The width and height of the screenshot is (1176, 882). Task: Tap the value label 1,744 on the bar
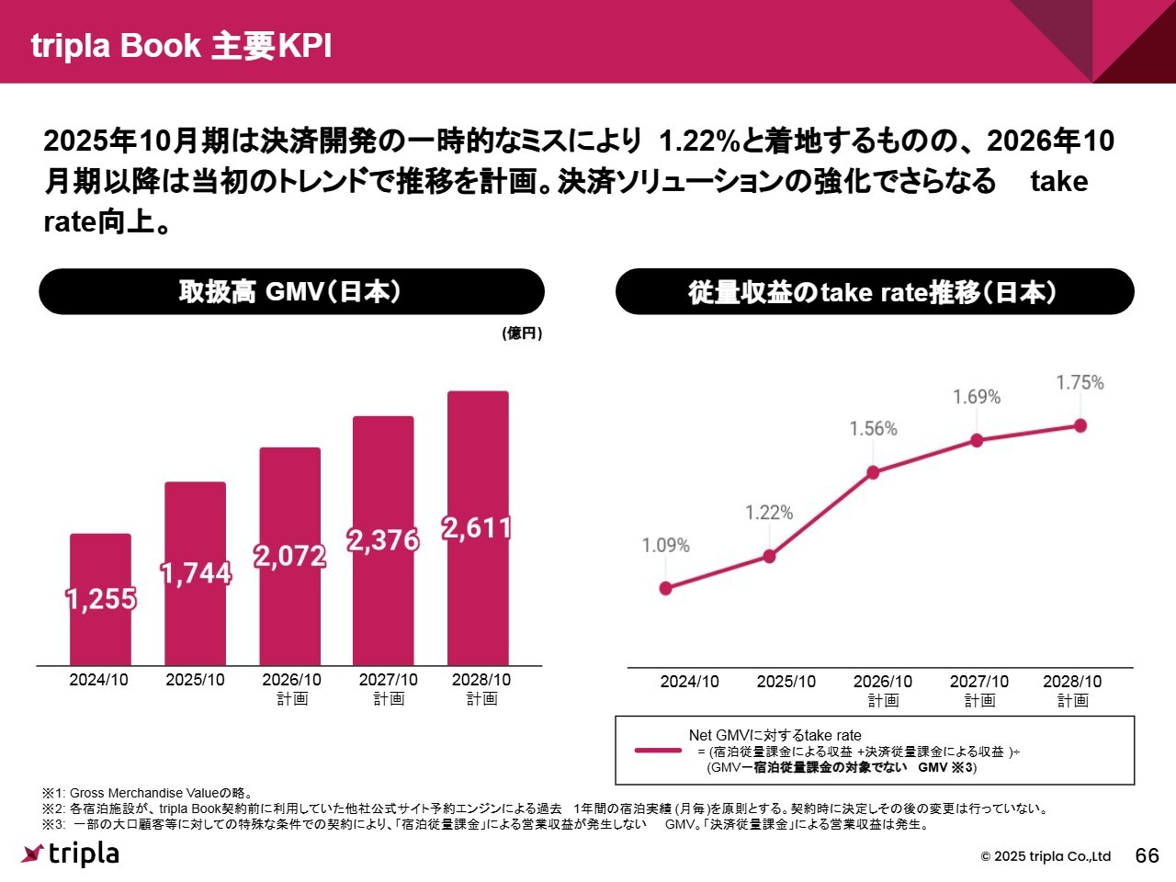point(196,573)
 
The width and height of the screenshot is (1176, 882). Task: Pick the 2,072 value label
point(290,556)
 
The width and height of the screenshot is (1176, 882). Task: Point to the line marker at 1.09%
point(666,588)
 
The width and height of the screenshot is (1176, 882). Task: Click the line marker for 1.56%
point(873,472)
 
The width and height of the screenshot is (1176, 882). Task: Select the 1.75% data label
point(1080,382)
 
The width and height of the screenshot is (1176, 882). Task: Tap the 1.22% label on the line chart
point(769,513)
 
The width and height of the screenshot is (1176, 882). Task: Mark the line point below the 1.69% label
point(977,441)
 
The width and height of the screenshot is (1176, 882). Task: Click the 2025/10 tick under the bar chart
point(195,680)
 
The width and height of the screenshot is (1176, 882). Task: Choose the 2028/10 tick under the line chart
point(1072,682)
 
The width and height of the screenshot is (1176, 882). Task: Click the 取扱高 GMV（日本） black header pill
point(291,292)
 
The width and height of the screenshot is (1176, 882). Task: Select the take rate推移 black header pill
point(874,292)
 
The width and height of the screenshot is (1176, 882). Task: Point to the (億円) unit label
point(522,334)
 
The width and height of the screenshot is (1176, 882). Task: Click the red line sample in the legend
point(658,751)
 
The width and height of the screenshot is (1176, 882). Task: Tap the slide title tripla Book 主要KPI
point(181,45)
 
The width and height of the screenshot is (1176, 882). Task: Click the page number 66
point(1148,855)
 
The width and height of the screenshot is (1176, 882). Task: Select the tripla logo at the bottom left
point(70,854)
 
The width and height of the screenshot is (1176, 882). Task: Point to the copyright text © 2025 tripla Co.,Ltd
point(1046,856)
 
